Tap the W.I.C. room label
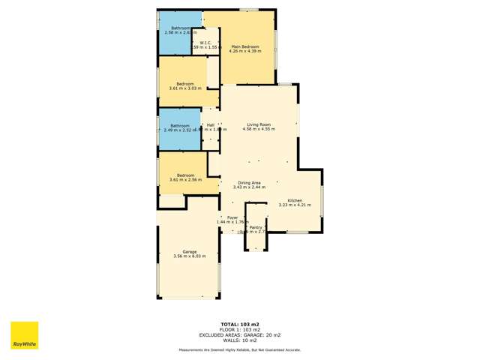205,42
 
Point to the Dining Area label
249,182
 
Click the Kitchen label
295,199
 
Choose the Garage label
189,251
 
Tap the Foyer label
232,217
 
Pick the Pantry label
256,226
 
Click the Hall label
211,124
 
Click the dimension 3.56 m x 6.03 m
189,256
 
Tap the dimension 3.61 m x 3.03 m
185,88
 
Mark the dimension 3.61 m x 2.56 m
185,180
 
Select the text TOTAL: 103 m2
240,325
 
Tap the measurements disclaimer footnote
240,349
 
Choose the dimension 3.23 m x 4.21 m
295,205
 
